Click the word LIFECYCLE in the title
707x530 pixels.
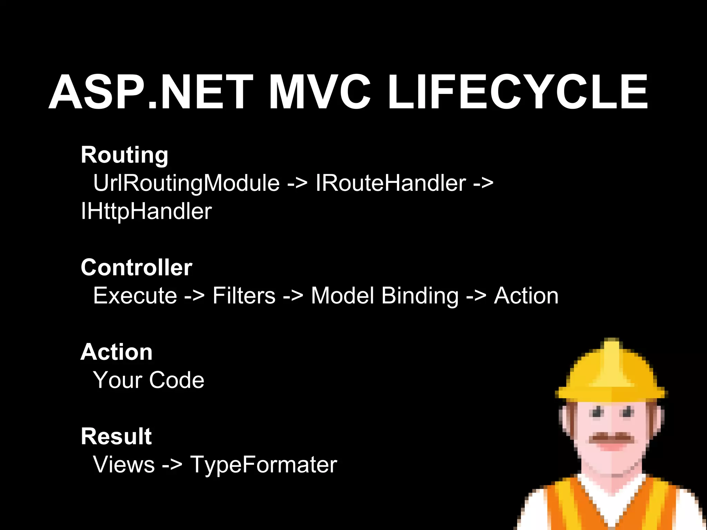click(518, 92)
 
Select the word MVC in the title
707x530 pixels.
click(319, 92)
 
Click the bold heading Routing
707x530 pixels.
click(125, 155)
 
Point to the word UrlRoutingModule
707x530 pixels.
click(186, 183)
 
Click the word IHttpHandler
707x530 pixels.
click(146, 211)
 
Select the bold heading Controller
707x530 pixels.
click(136, 267)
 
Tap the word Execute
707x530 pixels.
click(135, 296)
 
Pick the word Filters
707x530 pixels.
click(244, 296)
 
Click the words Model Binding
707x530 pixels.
click(385, 296)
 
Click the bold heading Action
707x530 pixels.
click(116, 352)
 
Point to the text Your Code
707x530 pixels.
click(149, 380)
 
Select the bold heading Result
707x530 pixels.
click(116, 436)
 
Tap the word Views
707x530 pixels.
click(124, 465)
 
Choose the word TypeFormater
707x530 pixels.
click(263, 465)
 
